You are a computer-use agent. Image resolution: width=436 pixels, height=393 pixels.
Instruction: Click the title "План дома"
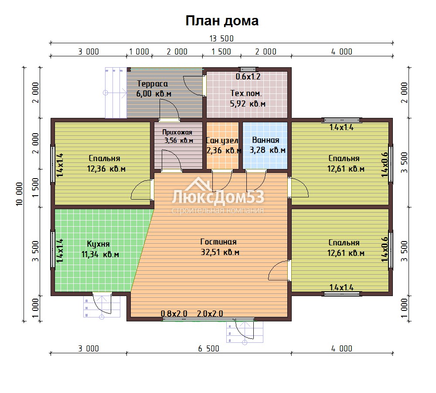(x=222, y=21)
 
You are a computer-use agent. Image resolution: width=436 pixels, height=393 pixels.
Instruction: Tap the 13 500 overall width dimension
(x=221, y=38)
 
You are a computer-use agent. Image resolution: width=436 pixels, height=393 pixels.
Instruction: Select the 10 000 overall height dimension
(x=19, y=194)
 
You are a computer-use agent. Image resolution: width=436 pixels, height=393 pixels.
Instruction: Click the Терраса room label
(x=152, y=84)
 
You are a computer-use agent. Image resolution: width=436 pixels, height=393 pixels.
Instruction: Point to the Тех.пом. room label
(x=246, y=93)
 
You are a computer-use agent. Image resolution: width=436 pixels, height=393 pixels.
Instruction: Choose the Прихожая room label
(x=177, y=132)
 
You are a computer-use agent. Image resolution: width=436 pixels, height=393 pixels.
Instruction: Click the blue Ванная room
(x=265, y=145)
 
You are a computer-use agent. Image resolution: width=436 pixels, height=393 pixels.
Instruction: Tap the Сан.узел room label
(x=222, y=140)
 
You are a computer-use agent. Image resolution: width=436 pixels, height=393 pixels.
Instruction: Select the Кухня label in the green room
(x=98, y=244)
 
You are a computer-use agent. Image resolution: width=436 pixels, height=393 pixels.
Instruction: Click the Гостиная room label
(x=218, y=242)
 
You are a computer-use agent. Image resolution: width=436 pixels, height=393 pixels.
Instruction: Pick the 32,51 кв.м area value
(x=220, y=252)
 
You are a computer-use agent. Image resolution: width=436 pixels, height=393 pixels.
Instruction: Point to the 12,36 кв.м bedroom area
(x=106, y=169)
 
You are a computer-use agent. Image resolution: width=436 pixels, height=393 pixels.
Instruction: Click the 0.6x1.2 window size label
(x=248, y=76)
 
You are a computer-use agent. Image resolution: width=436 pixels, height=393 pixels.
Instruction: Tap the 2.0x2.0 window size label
(x=210, y=314)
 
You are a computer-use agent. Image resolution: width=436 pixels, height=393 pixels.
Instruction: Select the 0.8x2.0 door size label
(x=174, y=314)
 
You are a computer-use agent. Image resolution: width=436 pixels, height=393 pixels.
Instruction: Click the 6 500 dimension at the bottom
(x=208, y=348)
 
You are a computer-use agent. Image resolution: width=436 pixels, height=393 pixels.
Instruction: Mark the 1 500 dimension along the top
(x=221, y=52)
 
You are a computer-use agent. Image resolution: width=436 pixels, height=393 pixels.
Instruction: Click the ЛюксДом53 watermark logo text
(x=218, y=197)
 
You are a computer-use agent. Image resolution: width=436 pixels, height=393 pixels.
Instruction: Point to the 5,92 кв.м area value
(x=248, y=104)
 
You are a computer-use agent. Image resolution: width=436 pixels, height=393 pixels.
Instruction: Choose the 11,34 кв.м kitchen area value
(x=100, y=255)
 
